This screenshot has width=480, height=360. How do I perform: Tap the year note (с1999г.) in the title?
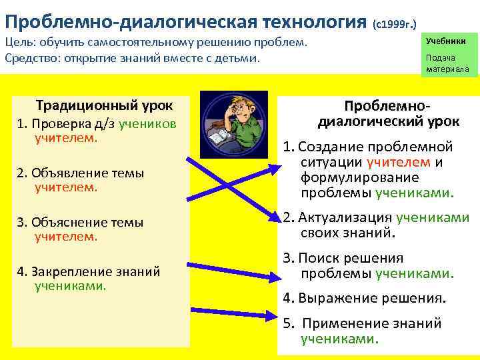click(396, 23)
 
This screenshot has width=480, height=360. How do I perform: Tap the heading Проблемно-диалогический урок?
click(378, 114)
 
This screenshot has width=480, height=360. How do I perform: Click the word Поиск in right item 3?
click(317, 258)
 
